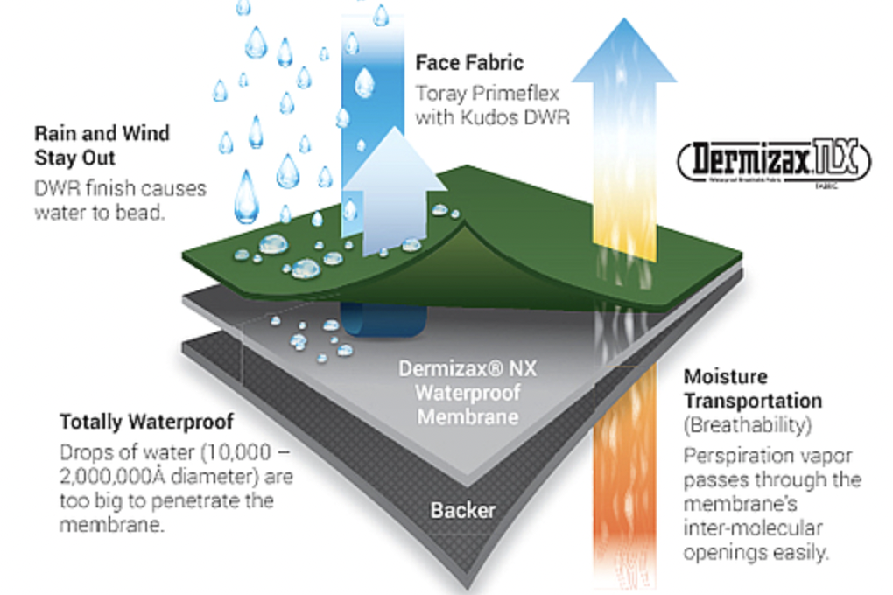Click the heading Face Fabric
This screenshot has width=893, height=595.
(x=468, y=63)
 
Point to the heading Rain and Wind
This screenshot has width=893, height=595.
(x=102, y=134)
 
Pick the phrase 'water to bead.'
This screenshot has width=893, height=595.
(x=98, y=212)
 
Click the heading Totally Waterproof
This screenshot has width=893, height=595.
(x=146, y=423)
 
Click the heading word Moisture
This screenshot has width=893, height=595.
(x=726, y=377)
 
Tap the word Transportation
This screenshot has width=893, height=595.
(x=753, y=401)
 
